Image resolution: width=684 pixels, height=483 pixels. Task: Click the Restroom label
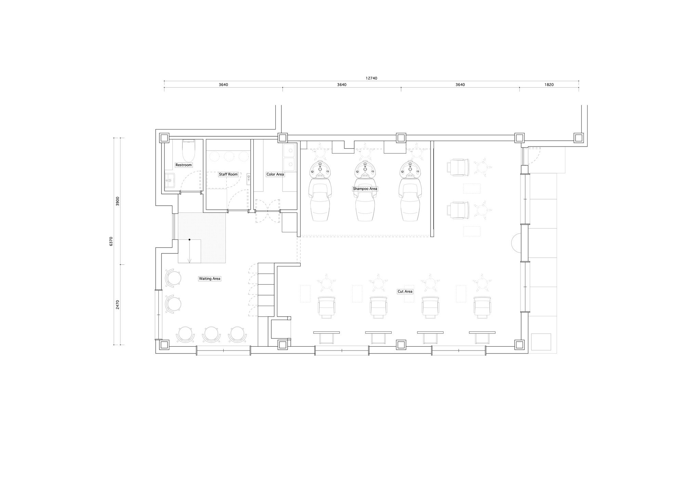pyautogui.click(x=184, y=165)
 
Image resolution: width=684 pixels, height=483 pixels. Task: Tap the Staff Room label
pyautogui.click(x=228, y=174)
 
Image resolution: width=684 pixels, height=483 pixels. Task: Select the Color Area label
pyautogui.click(x=275, y=174)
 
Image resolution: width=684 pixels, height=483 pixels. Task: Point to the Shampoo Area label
pyautogui.click(x=365, y=189)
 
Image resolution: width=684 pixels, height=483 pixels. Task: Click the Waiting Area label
pyautogui.click(x=210, y=279)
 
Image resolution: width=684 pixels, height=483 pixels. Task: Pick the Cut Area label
pyautogui.click(x=405, y=291)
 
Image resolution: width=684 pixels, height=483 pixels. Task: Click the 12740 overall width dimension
pyautogui.click(x=371, y=78)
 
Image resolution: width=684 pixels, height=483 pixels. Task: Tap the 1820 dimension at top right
pyautogui.click(x=549, y=85)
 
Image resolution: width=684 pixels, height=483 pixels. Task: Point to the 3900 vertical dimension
pyautogui.click(x=118, y=201)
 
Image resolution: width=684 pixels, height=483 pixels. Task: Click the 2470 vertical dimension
pyautogui.click(x=118, y=304)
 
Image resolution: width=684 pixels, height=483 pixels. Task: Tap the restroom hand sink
pyautogui.click(x=170, y=180)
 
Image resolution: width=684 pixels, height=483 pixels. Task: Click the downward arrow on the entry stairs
pyautogui.click(x=189, y=251)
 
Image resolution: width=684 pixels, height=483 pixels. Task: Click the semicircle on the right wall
pyautogui.click(x=516, y=243)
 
